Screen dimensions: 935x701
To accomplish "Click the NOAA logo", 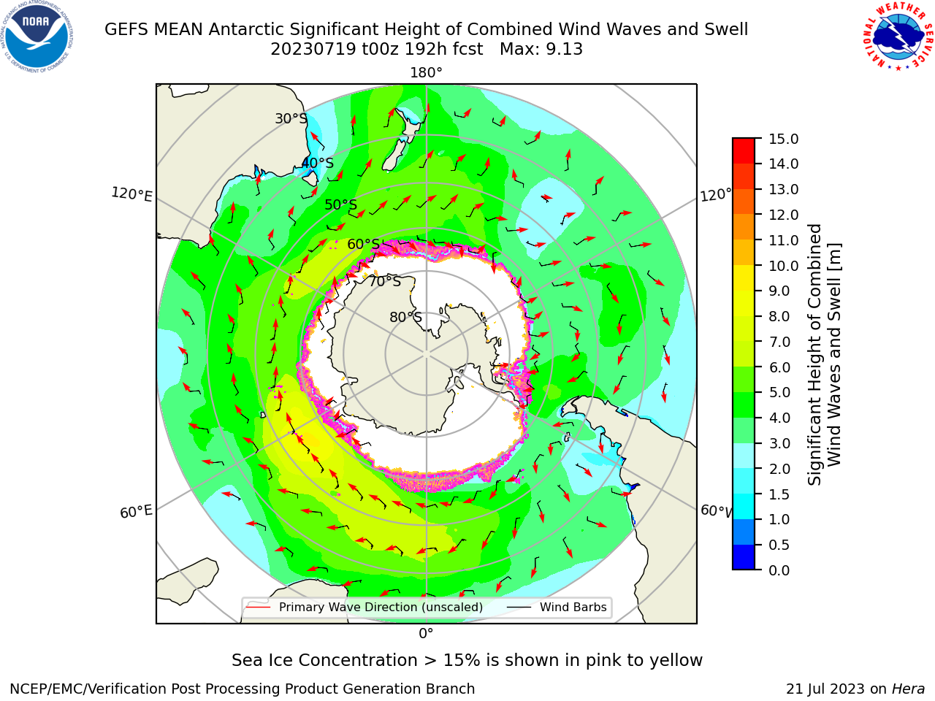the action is [37, 37].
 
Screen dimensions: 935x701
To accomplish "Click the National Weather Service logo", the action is [898, 37].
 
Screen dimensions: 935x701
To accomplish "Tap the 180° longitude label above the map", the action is [426, 73].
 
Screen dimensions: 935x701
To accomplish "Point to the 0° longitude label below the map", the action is [426, 634].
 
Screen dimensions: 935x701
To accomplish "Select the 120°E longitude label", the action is [131, 194].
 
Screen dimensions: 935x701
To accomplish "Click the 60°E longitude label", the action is [136, 512].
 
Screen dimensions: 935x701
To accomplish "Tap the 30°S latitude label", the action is [291, 118].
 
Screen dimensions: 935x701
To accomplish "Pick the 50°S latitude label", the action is [341, 204].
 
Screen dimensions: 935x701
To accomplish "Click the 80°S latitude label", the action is [405, 317].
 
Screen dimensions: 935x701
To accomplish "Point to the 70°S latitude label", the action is [385, 281].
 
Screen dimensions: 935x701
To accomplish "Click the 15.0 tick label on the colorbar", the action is [783, 139].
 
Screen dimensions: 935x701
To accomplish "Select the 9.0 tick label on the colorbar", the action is [779, 291].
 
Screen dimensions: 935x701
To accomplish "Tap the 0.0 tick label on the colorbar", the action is [779, 570].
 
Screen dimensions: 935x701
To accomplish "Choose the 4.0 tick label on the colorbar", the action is [779, 418].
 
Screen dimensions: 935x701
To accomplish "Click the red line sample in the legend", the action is [258, 607].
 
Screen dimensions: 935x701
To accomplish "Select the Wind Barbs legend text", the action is [573, 607].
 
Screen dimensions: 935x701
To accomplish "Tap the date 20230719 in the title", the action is [313, 50].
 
